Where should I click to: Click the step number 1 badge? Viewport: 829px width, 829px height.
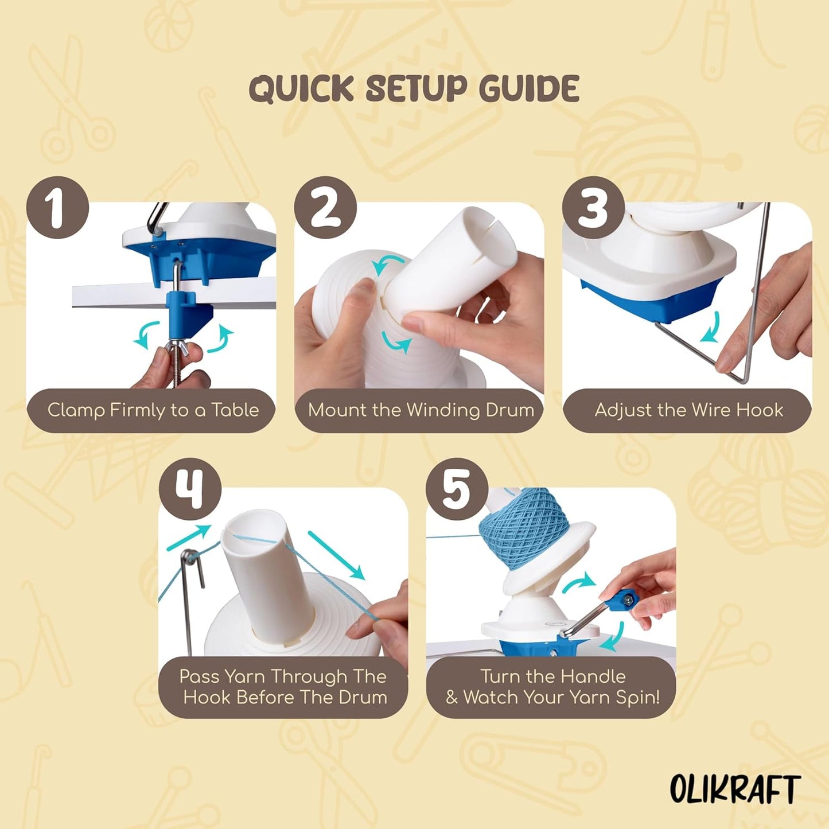point(57,208)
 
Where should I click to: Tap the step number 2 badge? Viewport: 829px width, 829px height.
point(325,208)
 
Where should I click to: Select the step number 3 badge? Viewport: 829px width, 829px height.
point(593,208)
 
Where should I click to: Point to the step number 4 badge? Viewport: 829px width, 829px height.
point(190,489)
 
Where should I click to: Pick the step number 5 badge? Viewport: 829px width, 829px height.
point(457,489)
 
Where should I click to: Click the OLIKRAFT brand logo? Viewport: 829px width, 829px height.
point(735,789)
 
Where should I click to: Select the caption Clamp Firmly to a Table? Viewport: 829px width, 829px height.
point(153,410)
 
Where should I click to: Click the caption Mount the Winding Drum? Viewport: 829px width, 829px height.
point(421,410)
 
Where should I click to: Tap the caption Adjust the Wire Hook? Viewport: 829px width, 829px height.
point(688,410)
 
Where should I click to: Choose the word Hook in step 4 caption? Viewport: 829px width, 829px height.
point(208,698)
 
